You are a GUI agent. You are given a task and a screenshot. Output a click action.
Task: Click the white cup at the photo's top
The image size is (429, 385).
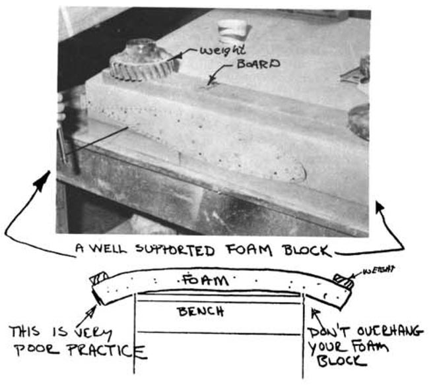tap(232, 29)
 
